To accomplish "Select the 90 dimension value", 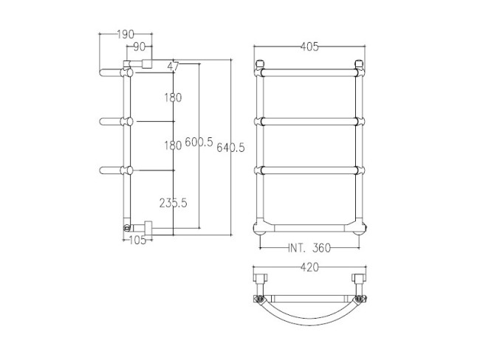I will pos(139,47).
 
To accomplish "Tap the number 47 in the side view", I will pos(174,66).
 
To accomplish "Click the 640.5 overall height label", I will pos(230,148).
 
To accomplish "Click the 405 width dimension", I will pos(309,47).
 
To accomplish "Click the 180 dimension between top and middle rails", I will pos(172,97).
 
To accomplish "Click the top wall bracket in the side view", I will pos(141,64).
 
